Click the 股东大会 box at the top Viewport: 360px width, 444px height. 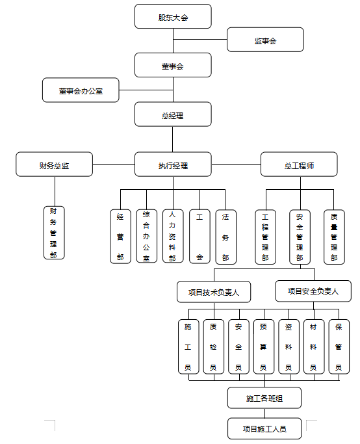[x=173, y=16]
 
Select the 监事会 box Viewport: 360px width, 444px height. [x=265, y=40]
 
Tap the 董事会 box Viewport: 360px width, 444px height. [x=173, y=65]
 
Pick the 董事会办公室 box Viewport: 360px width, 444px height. [x=81, y=90]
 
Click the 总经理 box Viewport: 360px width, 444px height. [x=173, y=114]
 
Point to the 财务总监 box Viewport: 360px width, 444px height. [x=55, y=164]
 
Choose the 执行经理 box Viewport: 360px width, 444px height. [x=173, y=164]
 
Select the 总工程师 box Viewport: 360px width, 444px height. [x=299, y=164]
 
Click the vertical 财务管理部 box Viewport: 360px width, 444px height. [x=54, y=233]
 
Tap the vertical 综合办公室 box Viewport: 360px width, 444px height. [x=147, y=236]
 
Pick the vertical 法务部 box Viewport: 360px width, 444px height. [x=226, y=237]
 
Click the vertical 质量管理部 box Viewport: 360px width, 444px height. [x=334, y=237]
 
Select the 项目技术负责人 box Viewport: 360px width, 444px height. [x=214, y=292]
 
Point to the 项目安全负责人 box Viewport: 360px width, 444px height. [x=313, y=291]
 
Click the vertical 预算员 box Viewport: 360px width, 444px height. [x=264, y=346]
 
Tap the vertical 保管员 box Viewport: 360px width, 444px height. [x=339, y=346]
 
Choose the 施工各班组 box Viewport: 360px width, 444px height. [x=264, y=398]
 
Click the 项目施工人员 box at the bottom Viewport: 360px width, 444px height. [x=264, y=428]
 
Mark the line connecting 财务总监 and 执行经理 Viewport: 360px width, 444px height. [x=114, y=164]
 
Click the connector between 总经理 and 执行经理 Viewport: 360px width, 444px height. [x=173, y=139]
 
